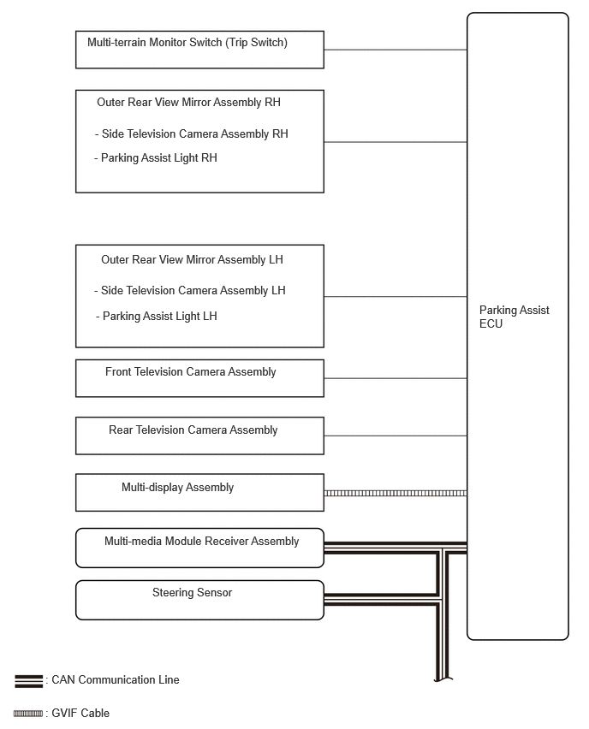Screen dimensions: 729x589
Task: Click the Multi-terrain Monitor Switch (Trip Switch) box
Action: (x=199, y=50)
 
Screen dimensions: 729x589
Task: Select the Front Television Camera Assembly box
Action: (x=199, y=378)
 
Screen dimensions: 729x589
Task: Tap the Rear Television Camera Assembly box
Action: (x=199, y=436)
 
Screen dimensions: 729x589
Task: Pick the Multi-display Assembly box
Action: (x=199, y=492)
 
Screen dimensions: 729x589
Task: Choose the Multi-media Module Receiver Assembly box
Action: (x=199, y=548)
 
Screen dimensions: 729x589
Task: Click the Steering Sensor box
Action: (x=199, y=600)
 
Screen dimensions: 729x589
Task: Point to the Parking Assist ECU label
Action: (x=514, y=317)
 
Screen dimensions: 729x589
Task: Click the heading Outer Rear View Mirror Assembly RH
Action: (x=188, y=103)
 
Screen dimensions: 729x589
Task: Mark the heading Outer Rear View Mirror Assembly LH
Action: (x=192, y=260)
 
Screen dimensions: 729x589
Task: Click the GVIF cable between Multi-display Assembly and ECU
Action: (x=395, y=493)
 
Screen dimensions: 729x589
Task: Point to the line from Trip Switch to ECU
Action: (x=395, y=50)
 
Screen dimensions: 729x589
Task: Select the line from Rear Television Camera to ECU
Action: (x=395, y=436)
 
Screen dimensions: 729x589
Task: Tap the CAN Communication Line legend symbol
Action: (x=28, y=681)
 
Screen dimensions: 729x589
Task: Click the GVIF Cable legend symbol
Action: (x=28, y=714)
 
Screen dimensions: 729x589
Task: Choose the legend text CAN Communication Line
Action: (x=116, y=680)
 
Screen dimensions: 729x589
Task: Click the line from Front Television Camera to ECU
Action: (x=395, y=378)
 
